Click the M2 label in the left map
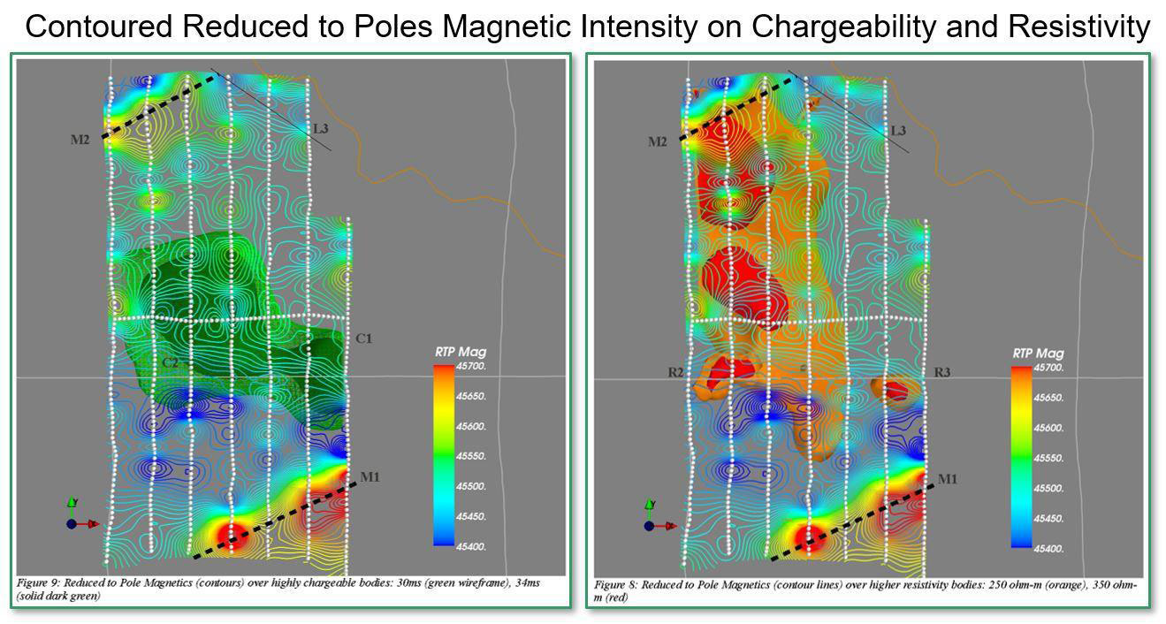coord(80,140)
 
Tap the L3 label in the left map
coord(321,129)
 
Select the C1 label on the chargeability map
coord(363,339)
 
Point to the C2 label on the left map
coord(171,362)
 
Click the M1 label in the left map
coord(370,478)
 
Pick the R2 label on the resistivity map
coord(677,373)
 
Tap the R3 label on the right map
coord(942,373)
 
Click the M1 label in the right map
coord(948,479)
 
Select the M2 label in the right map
coord(657,142)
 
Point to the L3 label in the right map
coord(898,131)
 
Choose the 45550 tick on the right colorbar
coord(1049,458)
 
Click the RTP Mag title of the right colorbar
coord(1038,354)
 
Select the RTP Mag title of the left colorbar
coord(460,352)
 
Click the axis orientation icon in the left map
coord(74,518)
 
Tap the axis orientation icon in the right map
coord(652,519)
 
